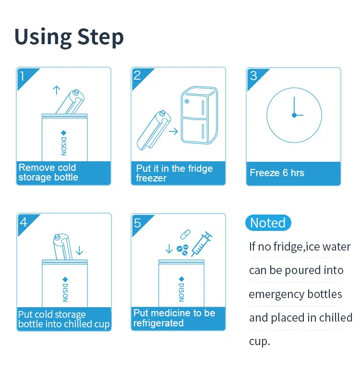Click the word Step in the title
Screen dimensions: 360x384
tap(100, 37)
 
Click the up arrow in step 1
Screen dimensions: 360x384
tap(57, 90)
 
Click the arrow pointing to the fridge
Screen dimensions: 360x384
tap(173, 132)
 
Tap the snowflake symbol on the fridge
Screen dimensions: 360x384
tap(187, 101)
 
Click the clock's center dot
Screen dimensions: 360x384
tap(294, 115)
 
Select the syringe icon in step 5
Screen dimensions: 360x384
tap(202, 244)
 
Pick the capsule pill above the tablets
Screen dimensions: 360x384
tap(185, 234)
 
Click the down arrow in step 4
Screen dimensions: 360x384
tap(79, 251)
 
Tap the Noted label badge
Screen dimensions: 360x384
tap(268, 223)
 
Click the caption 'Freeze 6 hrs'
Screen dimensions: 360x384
tap(277, 173)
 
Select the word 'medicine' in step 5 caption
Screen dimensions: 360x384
tap(173, 313)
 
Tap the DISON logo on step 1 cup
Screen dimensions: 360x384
tap(64, 143)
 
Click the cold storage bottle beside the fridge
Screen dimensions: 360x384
tap(154, 130)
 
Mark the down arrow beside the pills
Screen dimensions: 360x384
tap(169, 249)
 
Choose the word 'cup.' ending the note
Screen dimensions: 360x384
tap(260, 342)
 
